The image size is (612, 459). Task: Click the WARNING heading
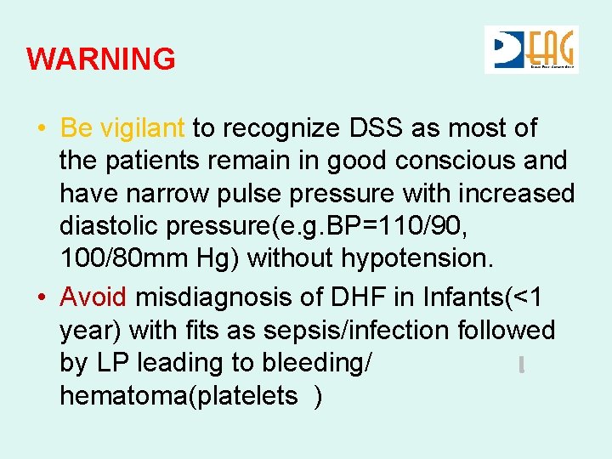(101, 59)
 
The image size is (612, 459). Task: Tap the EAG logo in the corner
(531, 49)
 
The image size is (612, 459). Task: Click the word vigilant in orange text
(143, 128)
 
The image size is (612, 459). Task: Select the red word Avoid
(93, 297)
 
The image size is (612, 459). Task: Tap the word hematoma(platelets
(178, 395)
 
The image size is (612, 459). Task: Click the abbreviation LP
(113, 363)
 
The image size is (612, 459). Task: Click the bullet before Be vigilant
(41, 129)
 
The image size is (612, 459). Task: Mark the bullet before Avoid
(41, 298)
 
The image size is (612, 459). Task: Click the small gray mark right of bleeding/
(520, 365)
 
